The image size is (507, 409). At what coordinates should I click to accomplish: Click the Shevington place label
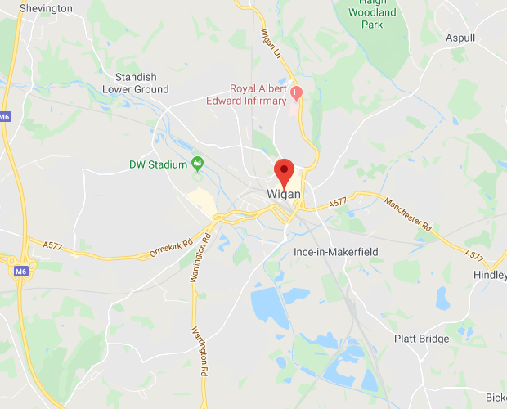pyautogui.click(x=46, y=8)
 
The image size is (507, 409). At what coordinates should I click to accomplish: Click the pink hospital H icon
pyautogui.click(x=296, y=93)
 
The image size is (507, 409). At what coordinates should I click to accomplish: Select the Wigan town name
pyautogui.click(x=284, y=195)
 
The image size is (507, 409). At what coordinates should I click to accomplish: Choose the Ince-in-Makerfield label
pyautogui.click(x=335, y=252)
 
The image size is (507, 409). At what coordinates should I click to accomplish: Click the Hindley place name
pyautogui.click(x=490, y=276)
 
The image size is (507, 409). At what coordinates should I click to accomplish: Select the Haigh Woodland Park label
pyautogui.click(x=372, y=13)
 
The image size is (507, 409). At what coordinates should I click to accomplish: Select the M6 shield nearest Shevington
pyautogui.click(x=5, y=117)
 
